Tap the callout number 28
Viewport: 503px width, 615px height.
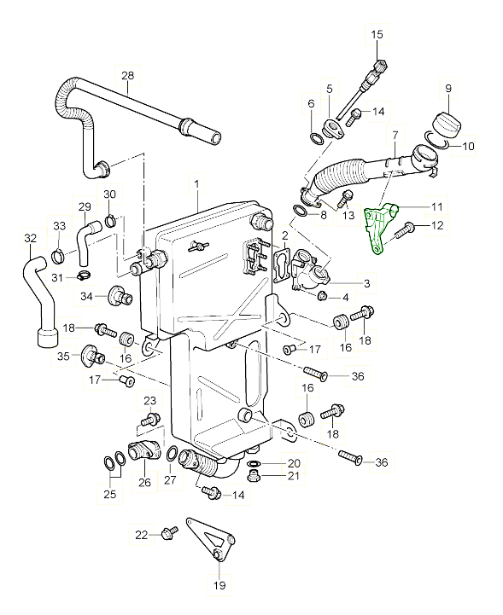127,76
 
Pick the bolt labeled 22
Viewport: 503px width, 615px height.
167,535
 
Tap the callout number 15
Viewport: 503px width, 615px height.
377,34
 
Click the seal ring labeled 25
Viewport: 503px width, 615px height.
111,463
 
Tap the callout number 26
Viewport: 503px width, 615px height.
144,483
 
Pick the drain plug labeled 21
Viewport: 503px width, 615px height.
253,475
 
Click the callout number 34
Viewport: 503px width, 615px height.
86,296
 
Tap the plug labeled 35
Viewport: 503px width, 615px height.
91,353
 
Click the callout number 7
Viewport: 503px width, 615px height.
395,135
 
